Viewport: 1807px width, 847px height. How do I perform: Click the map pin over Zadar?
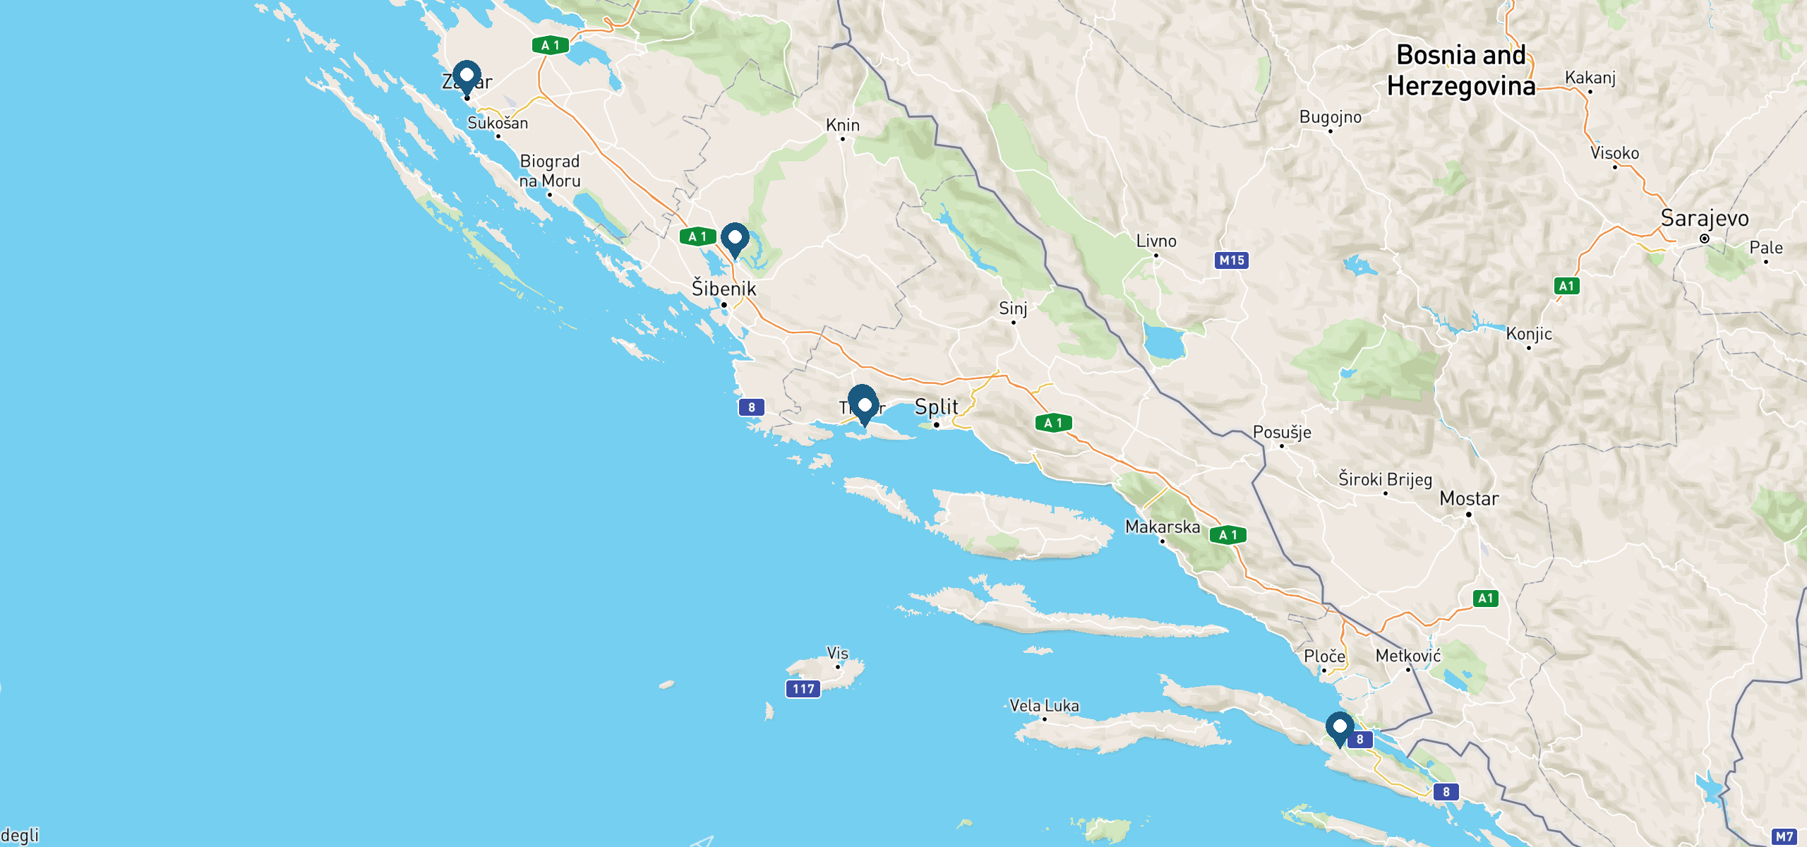pyautogui.click(x=467, y=76)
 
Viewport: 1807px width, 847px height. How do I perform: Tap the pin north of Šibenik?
pyautogui.click(x=735, y=239)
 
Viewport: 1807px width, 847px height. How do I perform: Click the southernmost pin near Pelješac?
pyautogui.click(x=1339, y=728)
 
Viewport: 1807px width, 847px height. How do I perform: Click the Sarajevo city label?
pyautogui.click(x=1704, y=218)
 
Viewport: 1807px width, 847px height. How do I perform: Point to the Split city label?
pyautogui.click(x=936, y=407)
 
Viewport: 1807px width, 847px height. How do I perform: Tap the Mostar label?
pyautogui.click(x=1469, y=498)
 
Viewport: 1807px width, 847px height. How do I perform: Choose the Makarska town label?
pyautogui.click(x=1162, y=527)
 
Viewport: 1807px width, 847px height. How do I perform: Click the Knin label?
pyautogui.click(x=843, y=125)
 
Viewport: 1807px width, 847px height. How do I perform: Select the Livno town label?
pyautogui.click(x=1155, y=241)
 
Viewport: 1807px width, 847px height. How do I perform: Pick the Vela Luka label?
pyautogui.click(x=1044, y=705)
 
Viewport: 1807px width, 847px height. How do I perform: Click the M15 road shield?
pyautogui.click(x=1232, y=260)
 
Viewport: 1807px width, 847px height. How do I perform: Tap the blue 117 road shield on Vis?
pyautogui.click(x=803, y=689)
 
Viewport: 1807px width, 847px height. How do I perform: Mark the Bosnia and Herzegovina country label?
pyautogui.click(x=1461, y=71)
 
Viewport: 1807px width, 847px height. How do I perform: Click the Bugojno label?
pyautogui.click(x=1330, y=116)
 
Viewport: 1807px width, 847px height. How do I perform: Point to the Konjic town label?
pyautogui.click(x=1529, y=333)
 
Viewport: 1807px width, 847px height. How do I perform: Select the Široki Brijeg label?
pyautogui.click(x=1385, y=479)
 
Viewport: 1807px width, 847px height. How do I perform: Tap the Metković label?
pyautogui.click(x=1407, y=656)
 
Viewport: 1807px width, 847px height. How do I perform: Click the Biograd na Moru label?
pyautogui.click(x=550, y=171)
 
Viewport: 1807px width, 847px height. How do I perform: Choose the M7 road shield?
pyautogui.click(x=1784, y=837)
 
